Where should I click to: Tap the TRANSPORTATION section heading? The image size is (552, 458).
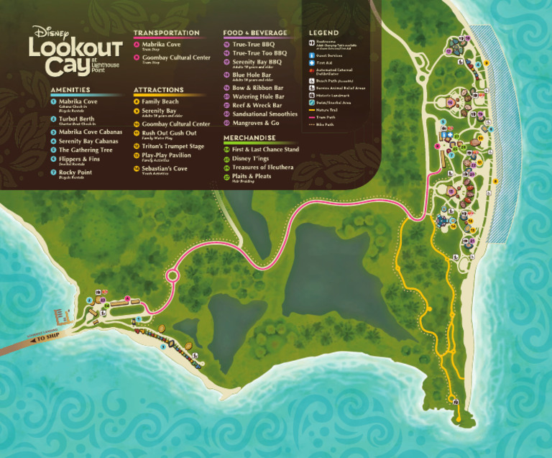166,33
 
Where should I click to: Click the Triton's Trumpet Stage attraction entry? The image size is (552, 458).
172,146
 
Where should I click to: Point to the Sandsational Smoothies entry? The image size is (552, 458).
264,114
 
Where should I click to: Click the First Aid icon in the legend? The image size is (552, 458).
312,63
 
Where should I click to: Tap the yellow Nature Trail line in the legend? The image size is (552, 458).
312,109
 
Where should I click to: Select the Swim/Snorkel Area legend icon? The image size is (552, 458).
312,101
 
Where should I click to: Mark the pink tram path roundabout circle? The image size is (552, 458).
173,275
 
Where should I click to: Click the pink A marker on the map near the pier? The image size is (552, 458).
128,298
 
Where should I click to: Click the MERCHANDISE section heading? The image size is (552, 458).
249,137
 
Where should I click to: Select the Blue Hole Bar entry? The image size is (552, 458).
252,74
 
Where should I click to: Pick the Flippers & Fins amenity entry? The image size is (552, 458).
79,160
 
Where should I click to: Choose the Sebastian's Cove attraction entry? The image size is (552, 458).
164,169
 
